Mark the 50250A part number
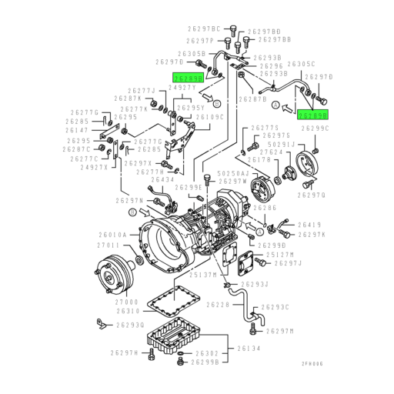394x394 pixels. tap(232, 175)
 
